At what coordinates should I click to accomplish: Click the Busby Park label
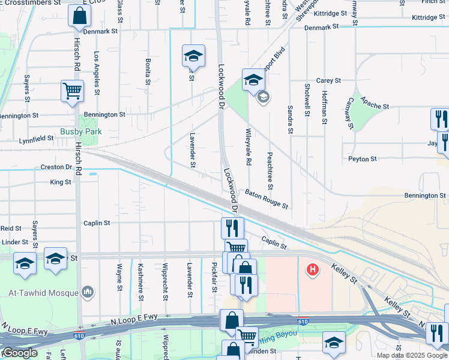[x=80, y=131]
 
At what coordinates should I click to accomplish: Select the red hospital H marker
[x=312, y=270]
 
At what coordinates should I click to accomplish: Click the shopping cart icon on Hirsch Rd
[x=72, y=92]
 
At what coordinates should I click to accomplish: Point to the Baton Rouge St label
[x=267, y=199]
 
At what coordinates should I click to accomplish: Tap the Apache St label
[x=375, y=105]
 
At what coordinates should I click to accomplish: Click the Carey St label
[x=328, y=80]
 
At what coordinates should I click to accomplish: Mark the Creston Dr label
[x=56, y=167]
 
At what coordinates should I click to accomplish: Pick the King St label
[x=60, y=182]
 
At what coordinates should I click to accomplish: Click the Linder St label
[x=14, y=242]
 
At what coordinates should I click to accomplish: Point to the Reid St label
[x=11, y=229]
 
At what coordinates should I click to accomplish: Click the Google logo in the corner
[x=19, y=353]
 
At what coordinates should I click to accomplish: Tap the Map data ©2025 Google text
[x=412, y=355]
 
